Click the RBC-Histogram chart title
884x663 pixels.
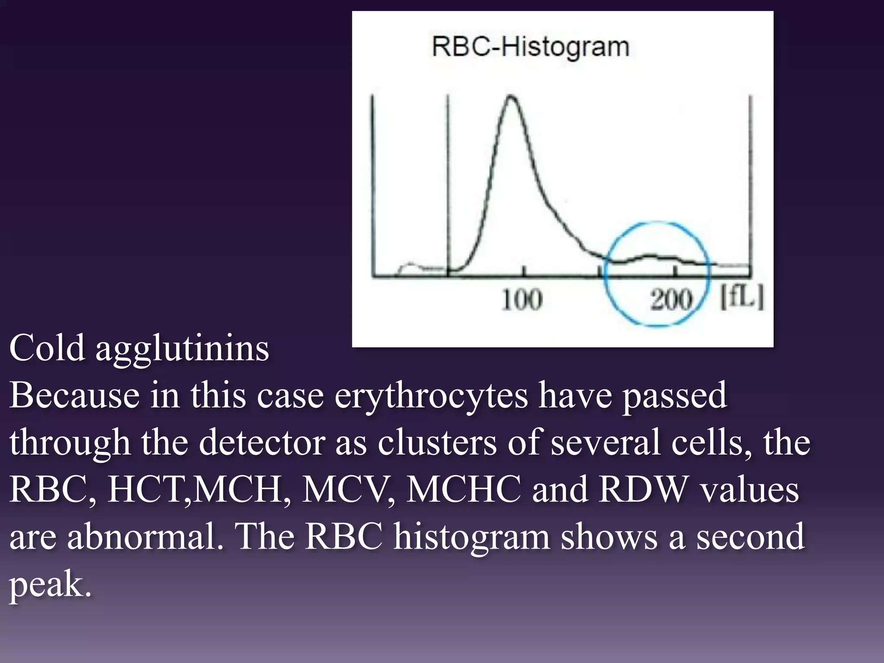pyautogui.click(x=530, y=47)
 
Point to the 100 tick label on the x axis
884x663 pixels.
pyautogui.click(x=521, y=299)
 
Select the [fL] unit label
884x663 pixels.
pyautogui.click(x=742, y=298)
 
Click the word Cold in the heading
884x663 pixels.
pyautogui.click(x=47, y=348)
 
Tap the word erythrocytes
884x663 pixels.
pyautogui.click(x=431, y=396)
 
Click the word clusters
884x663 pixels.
pyautogui.click(x=437, y=443)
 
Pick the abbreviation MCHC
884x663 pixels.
pyautogui.click(x=463, y=490)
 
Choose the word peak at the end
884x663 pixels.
pyautogui.click(x=51, y=585)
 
